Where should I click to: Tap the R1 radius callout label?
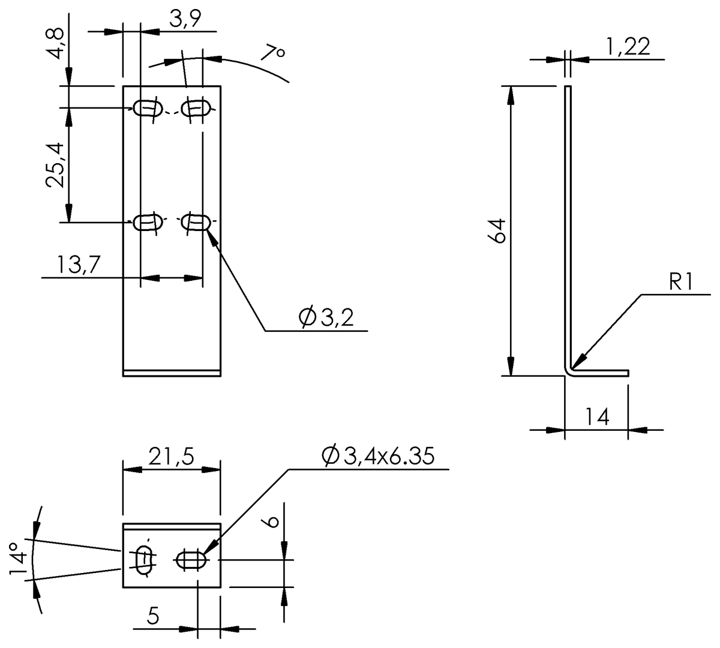pos(681,283)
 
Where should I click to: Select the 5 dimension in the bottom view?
pos(154,617)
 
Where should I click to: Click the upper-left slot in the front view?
pos(148,108)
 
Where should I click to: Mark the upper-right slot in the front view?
pos(196,108)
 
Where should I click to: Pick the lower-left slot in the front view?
pos(148,222)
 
